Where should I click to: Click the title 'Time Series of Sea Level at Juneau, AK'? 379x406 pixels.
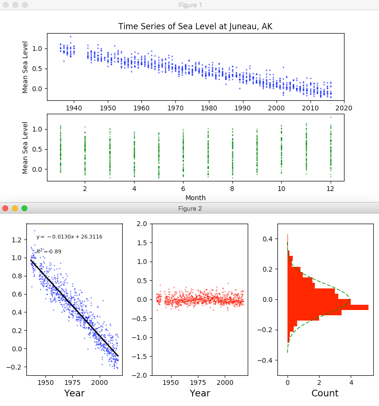(x=195, y=26)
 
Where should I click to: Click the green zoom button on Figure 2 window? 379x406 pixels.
(x=24, y=208)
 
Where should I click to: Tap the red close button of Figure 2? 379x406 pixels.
(x=5, y=208)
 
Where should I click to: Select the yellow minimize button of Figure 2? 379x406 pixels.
(x=15, y=208)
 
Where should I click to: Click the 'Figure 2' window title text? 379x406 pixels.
(x=190, y=208)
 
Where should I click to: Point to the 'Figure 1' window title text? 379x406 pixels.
(x=190, y=5)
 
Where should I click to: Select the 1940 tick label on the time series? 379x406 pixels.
(x=73, y=107)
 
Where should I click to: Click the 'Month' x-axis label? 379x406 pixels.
(x=195, y=197)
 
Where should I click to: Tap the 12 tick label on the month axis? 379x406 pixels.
(x=331, y=189)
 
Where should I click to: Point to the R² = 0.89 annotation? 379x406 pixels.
(x=49, y=251)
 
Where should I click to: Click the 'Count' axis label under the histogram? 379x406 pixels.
(x=325, y=394)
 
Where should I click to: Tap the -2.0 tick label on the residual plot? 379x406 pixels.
(x=140, y=375)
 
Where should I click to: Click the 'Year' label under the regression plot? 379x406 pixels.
(x=74, y=394)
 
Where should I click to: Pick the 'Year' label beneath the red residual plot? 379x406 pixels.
(x=200, y=394)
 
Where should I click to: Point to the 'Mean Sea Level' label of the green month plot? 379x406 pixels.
(x=25, y=148)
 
